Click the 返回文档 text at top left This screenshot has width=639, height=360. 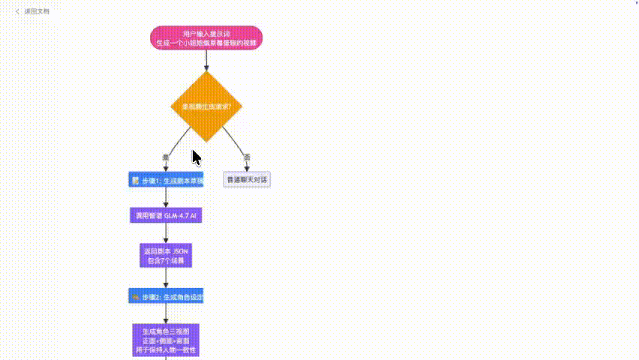pyautogui.click(x=37, y=12)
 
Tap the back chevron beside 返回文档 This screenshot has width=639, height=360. pyautogui.click(x=17, y=12)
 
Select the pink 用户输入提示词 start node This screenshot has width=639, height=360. pyautogui.click(x=206, y=38)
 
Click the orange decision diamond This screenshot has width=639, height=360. pyautogui.click(x=206, y=106)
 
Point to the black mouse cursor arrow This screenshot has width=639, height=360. pyautogui.click(x=196, y=157)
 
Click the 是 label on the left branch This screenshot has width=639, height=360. pyautogui.click(x=166, y=157)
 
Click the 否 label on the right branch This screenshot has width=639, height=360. pyautogui.click(x=247, y=157)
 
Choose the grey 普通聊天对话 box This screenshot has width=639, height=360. pyautogui.click(x=247, y=180)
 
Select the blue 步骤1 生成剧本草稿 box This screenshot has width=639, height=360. pyautogui.click(x=166, y=180)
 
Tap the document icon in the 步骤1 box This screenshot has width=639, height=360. pyautogui.click(x=135, y=181)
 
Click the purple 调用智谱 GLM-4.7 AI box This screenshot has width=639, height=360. pyautogui.click(x=166, y=215)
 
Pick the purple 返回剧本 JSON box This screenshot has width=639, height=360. pyautogui.click(x=166, y=256)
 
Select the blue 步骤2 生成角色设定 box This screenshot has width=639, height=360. pyautogui.click(x=166, y=296)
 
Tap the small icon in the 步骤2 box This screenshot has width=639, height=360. pyautogui.click(x=134, y=297)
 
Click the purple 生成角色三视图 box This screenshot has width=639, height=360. pyautogui.click(x=166, y=340)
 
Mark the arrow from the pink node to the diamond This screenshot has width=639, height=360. pyautogui.click(x=206, y=61)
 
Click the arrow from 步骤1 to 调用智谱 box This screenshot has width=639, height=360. pyautogui.click(x=166, y=198)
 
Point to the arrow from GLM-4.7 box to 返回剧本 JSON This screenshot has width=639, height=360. pyautogui.click(x=166, y=233)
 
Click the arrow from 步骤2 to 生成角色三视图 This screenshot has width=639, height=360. pyautogui.click(x=166, y=314)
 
